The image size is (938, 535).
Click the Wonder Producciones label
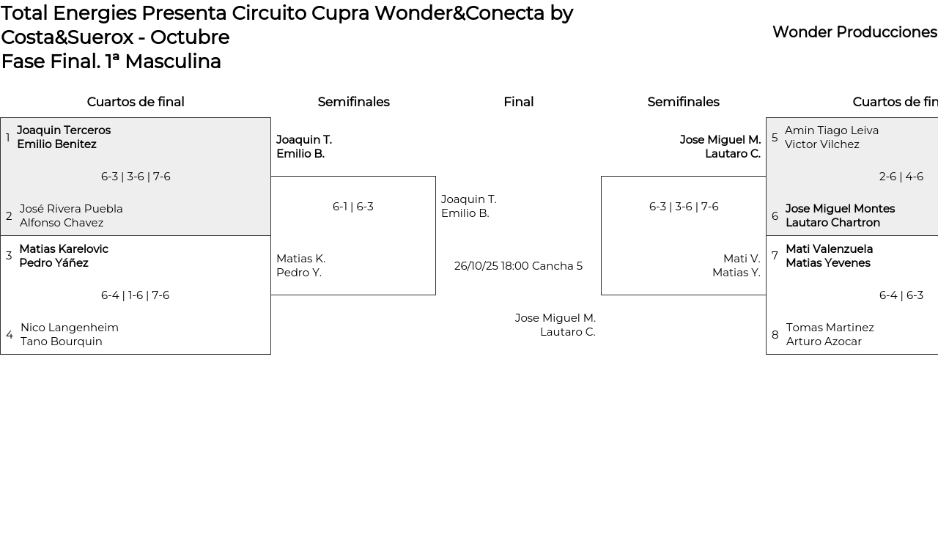854,32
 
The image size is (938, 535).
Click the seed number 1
8,138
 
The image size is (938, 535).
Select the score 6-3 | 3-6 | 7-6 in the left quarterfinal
136,177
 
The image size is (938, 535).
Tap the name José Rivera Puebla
71,209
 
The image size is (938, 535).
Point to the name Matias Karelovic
64,249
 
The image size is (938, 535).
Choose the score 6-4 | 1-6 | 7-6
135,295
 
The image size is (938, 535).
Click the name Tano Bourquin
62,342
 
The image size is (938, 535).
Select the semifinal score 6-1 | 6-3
353,207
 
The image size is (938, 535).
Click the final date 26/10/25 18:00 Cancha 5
518,266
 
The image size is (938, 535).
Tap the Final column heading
518,102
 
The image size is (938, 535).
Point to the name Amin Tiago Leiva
832,130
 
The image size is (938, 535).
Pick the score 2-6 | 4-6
901,177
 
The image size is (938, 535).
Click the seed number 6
775,216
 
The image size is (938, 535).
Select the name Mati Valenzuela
829,249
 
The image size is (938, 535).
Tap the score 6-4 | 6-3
901,295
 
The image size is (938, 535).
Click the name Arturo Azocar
824,342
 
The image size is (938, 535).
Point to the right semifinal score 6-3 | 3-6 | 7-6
684,207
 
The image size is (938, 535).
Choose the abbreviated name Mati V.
742,259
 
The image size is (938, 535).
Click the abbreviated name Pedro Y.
299,273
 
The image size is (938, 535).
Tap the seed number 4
10,335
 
